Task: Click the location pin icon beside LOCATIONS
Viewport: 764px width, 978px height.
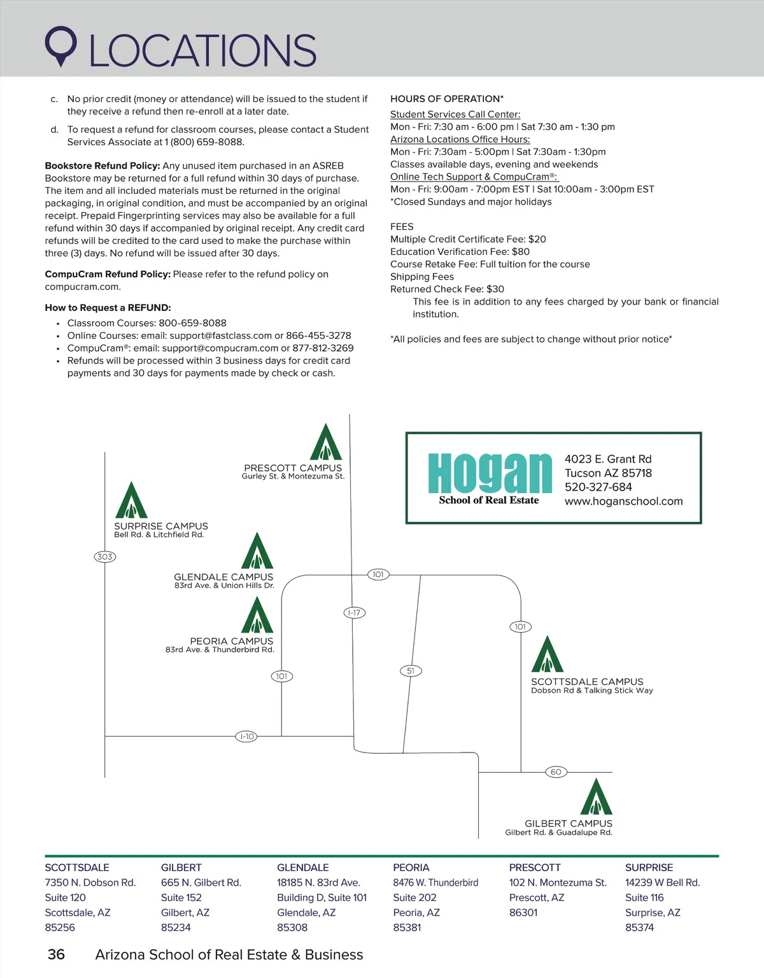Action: (x=60, y=45)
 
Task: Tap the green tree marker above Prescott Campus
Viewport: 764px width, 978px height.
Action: (x=326, y=442)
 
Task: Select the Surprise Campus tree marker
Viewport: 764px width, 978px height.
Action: (x=131, y=501)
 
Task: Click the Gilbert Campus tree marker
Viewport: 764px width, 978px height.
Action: (x=597, y=797)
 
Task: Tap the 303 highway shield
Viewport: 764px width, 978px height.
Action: (x=105, y=557)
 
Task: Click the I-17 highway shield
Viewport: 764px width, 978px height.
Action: (x=355, y=613)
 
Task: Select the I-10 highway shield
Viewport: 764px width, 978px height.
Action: (x=246, y=737)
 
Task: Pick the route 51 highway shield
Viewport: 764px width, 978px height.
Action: (x=411, y=671)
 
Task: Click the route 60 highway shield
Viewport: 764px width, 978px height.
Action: (x=556, y=772)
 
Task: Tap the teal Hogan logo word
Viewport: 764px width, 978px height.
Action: (x=490, y=473)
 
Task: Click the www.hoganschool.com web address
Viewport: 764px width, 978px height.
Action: (x=623, y=501)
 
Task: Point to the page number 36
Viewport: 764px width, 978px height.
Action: (x=56, y=954)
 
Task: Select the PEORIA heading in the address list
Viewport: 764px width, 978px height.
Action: (x=411, y=868)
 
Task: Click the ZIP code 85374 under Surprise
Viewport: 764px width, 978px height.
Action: (x=639, y=928)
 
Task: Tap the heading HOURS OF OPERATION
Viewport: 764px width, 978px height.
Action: (x=446, y=99)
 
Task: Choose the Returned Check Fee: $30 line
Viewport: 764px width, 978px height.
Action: (x=447, y=289)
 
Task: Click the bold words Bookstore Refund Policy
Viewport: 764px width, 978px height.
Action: (x=102, y=166)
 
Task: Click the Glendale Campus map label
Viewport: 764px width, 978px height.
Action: (x=223, y=577)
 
